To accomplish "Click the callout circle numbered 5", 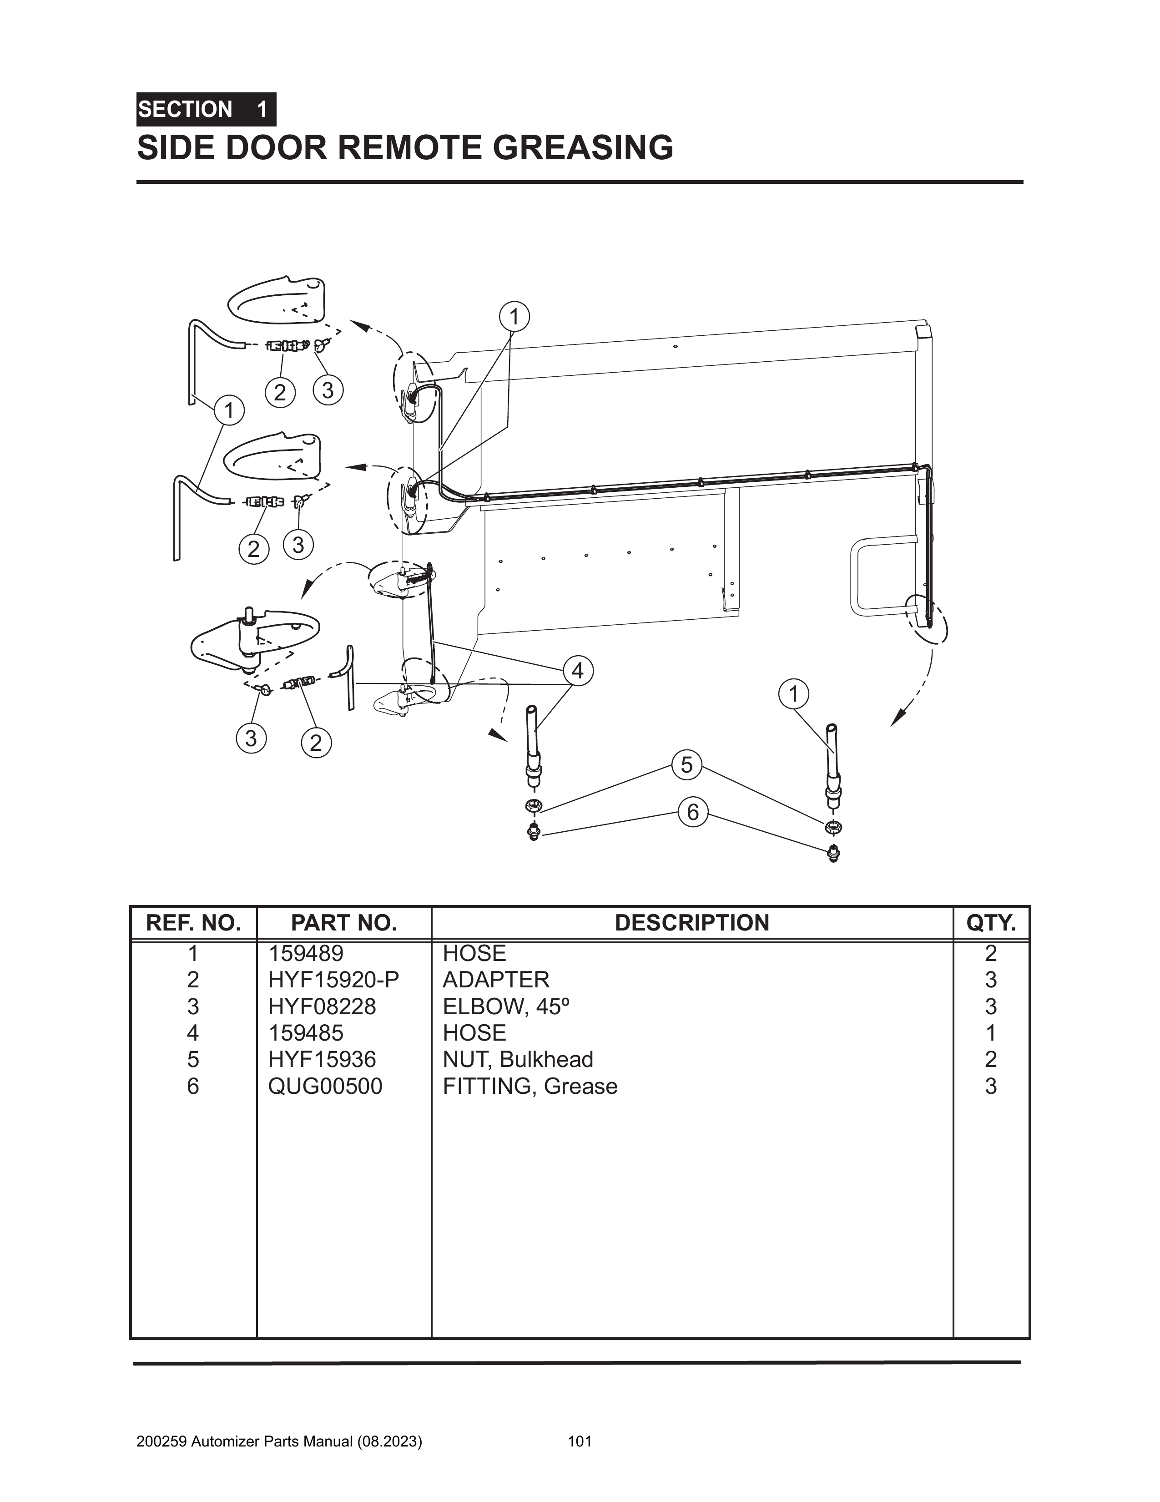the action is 686,765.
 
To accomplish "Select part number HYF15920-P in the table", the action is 333,979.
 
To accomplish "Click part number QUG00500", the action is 325,1086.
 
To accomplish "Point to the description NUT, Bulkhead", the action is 518,1059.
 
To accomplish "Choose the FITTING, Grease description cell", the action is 530,1086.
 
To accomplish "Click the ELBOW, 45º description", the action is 507,1006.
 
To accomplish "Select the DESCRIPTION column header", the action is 692,923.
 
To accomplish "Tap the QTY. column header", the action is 991,923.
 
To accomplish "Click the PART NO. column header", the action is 344,923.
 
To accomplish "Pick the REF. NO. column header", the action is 193,923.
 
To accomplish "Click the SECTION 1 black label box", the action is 206,109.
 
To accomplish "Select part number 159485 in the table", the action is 306,1033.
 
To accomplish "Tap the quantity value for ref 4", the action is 991,1033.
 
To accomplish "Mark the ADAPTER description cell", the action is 496,979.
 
